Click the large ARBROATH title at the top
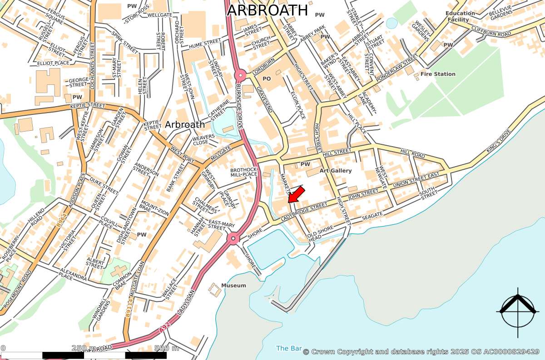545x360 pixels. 268,10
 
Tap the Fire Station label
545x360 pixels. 437,74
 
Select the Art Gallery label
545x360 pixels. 336,171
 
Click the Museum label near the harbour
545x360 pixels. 233,286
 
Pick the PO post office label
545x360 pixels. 267,79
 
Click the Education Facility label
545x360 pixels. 460,16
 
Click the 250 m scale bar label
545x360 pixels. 84,348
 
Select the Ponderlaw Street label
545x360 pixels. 396,69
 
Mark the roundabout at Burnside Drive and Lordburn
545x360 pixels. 240,75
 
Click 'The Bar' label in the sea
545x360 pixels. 289,349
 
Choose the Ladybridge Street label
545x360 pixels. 304,209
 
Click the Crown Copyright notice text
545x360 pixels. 421,352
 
